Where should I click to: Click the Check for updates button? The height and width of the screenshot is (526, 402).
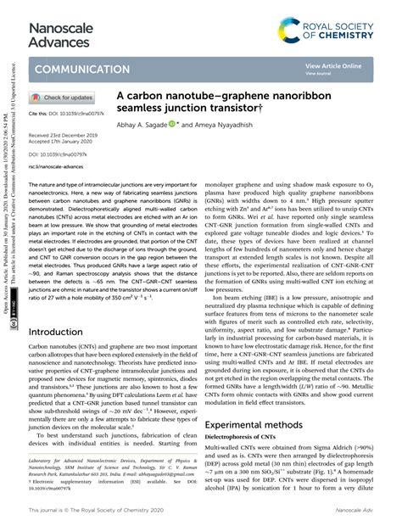[x=63, y=98]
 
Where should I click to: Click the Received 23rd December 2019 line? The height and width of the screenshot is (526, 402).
[x=66, y=135]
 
